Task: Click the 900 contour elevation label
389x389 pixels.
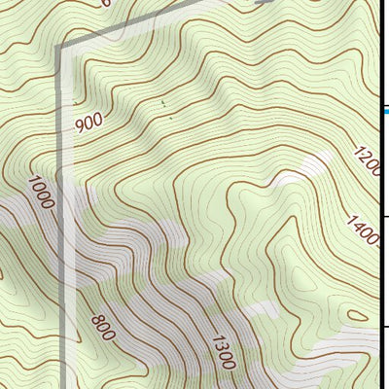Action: coord(88,122)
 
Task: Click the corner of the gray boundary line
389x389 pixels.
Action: coord(58,47)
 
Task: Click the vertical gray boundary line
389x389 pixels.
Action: coord(61,243)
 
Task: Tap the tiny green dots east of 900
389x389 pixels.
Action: coord(163,103)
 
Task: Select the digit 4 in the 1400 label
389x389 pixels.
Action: coord(358,227)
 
